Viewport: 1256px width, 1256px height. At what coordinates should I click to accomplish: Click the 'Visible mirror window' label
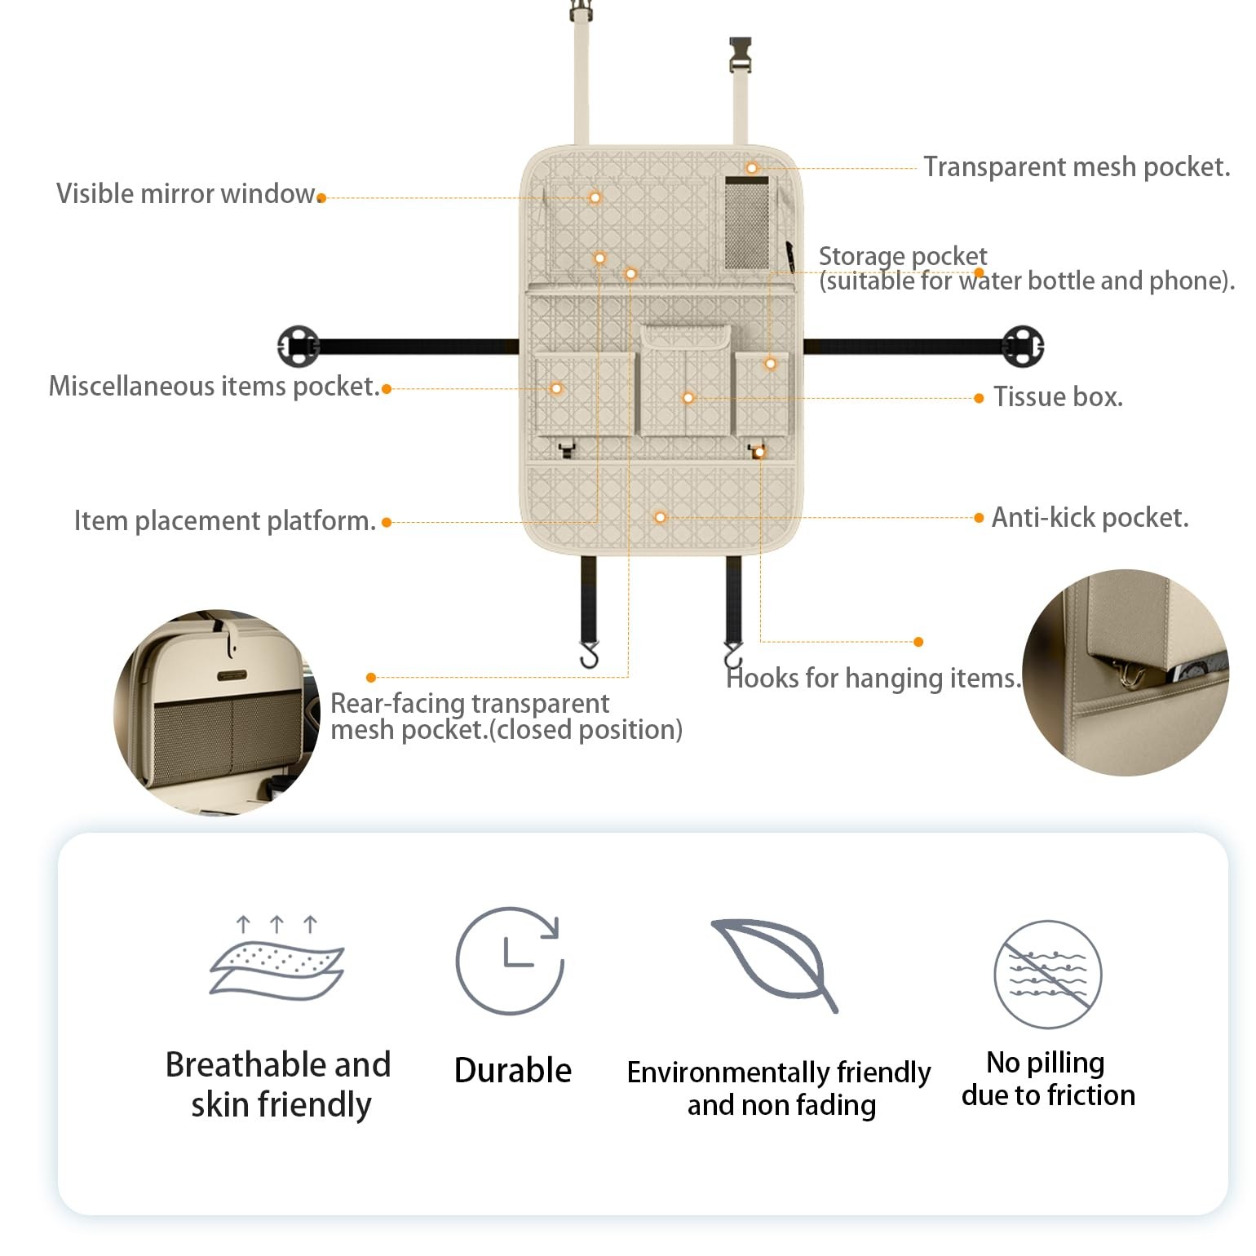[185, 194]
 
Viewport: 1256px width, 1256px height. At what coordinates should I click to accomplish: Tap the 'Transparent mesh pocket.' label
[1076, 167]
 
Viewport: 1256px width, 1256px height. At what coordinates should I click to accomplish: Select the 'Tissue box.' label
[1057, 397]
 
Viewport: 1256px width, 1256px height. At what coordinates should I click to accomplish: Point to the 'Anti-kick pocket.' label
[1090, 518]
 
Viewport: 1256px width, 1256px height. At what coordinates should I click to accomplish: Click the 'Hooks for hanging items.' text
[873, 678]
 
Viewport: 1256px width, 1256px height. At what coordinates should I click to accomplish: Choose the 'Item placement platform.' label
[224, 521]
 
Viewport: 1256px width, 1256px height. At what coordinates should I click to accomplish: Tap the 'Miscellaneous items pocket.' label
[214, 387]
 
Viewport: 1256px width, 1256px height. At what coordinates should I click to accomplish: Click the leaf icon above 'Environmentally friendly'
[776, 963]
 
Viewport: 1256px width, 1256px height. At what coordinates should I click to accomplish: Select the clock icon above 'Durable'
[510, 960]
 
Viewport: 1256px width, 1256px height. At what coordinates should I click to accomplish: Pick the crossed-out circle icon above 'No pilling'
[1047, 974]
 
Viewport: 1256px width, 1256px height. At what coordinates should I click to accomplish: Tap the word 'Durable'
[512, 1070]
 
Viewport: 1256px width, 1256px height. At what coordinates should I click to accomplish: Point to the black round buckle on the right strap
[1023, 346]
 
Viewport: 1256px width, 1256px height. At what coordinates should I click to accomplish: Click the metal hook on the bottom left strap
[589, 654]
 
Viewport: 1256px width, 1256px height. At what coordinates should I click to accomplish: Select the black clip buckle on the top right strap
[741, 55]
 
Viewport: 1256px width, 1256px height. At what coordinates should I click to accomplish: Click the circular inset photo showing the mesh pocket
[216, 712]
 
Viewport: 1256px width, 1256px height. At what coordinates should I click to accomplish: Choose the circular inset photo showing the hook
[1126, 672]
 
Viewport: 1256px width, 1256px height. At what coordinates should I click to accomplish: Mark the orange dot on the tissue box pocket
[688, 398]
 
